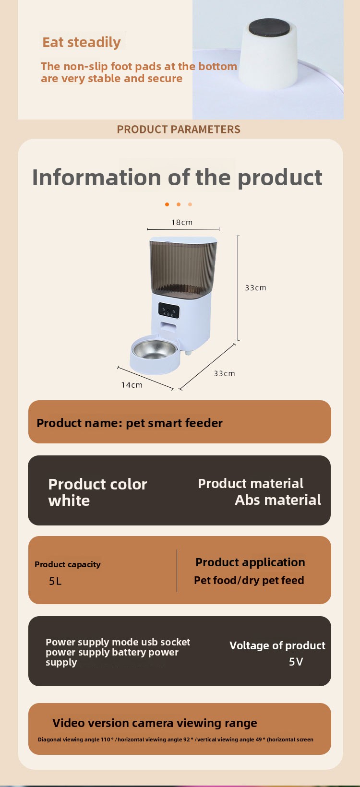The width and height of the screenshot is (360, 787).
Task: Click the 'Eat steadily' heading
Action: click(82, 43)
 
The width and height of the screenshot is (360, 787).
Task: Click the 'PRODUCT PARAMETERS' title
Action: click(179, 129)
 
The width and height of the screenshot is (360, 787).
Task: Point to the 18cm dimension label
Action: click(182, 222)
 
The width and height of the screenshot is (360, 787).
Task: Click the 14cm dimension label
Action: click(132, 385)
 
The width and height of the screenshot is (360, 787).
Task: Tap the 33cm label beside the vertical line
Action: click(255, 288)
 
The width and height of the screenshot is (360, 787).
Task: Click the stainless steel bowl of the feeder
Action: click(154, 349)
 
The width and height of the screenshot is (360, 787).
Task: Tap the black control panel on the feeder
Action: click(169, 310)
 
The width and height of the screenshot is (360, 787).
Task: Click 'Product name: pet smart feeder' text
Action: click(130, 423)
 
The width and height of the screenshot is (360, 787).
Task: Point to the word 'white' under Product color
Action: click(69, 501)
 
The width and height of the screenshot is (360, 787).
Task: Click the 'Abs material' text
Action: click(278, 500)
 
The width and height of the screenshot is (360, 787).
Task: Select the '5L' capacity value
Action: click(55, 581)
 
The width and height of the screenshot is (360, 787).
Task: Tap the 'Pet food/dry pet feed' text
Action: click(249, 581)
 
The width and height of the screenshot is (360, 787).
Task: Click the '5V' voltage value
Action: click(296, 662)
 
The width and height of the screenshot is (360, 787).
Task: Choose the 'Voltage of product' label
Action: click(277, 645)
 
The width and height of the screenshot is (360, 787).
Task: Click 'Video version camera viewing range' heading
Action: click(155, 723)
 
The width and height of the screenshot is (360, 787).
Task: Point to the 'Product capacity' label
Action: click(68, 565)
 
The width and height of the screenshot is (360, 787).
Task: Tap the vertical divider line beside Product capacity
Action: click(177, 571)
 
